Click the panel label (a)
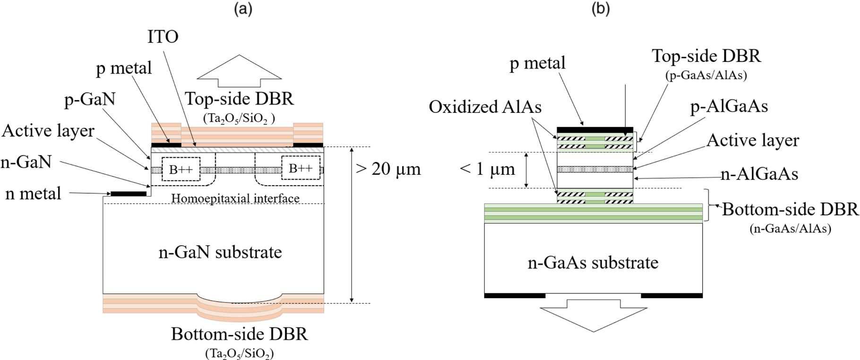coord(243,10)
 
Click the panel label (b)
coord(601,10)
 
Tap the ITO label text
coord(163,37)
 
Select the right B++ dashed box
coord(300,168)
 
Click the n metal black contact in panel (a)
coord(129,194)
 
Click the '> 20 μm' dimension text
coord(388,169)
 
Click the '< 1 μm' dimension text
coord(487,169)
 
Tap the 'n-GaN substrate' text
coord(220,252)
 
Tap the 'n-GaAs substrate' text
coord(593,262)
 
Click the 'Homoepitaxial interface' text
coord(235,198)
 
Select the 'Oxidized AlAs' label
coord(485,107)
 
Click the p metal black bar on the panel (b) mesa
coord(595,129)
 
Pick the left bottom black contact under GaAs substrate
coord(515,295)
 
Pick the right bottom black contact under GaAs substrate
coord(671,295)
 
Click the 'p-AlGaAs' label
coord(729,107)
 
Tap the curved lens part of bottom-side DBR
coord(240,307)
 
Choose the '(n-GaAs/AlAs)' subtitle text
coord(790,229)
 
